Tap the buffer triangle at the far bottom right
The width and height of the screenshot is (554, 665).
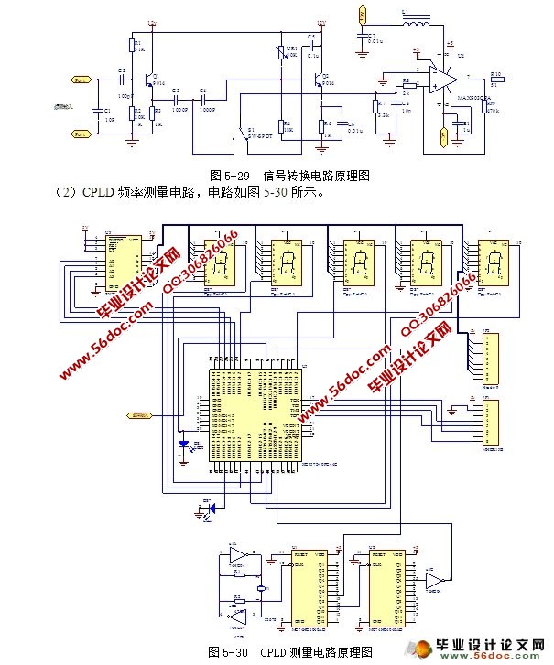tap(436, 582)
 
